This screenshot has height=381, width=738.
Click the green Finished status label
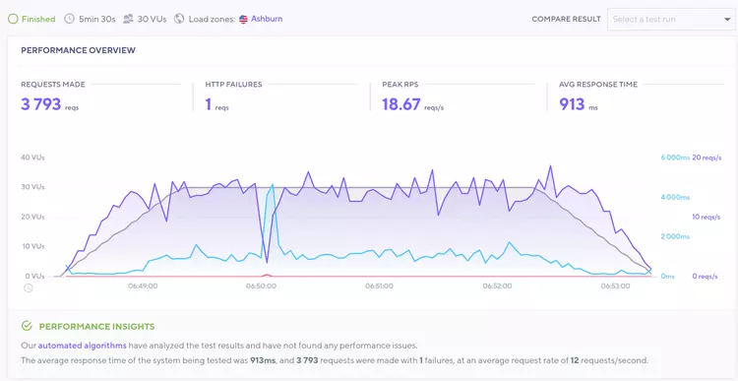coord(37,18)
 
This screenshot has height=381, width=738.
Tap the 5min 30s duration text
coord(97,18)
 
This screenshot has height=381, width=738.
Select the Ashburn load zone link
coord(266,18)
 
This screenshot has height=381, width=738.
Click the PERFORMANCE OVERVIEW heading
coord(79,50)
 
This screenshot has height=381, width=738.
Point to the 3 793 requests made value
coord(40,104)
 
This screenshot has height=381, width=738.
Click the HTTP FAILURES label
coord(233,85)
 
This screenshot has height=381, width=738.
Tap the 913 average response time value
coord(572,104)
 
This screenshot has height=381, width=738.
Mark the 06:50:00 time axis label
coord(261,286)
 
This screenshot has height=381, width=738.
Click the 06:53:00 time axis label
coord(616,286)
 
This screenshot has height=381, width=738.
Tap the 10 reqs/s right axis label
coord(707,217)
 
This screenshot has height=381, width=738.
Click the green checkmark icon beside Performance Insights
coord(27,326)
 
